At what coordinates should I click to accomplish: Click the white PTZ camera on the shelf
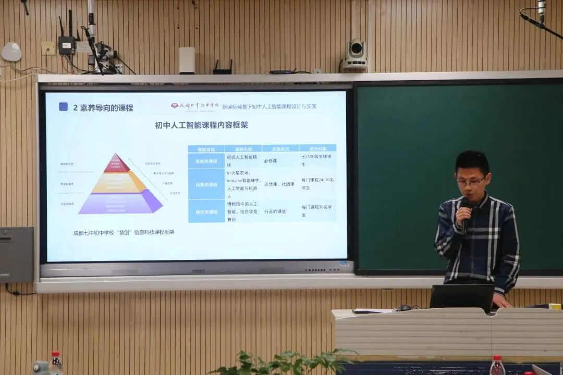356,53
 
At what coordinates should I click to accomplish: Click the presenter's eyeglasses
471,182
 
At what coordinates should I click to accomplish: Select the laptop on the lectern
461,297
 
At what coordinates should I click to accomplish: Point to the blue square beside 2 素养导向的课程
63,107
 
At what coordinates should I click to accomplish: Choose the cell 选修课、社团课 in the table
280,184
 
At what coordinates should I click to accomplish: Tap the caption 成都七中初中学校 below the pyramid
124,232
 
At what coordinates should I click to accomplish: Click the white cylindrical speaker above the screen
187,60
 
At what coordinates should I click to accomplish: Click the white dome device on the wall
11,52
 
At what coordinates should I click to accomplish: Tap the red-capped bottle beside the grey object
55,364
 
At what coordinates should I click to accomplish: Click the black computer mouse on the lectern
404,308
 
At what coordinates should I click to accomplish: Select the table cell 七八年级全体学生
317,160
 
